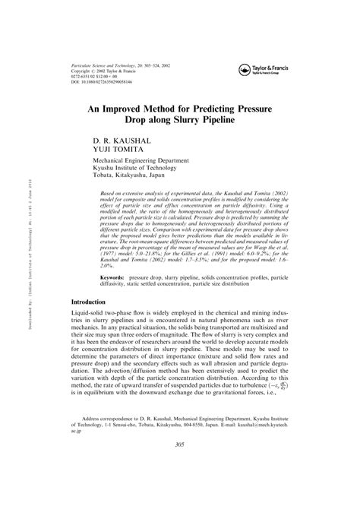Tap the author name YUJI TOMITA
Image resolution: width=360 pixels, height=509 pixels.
click(115, 150)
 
